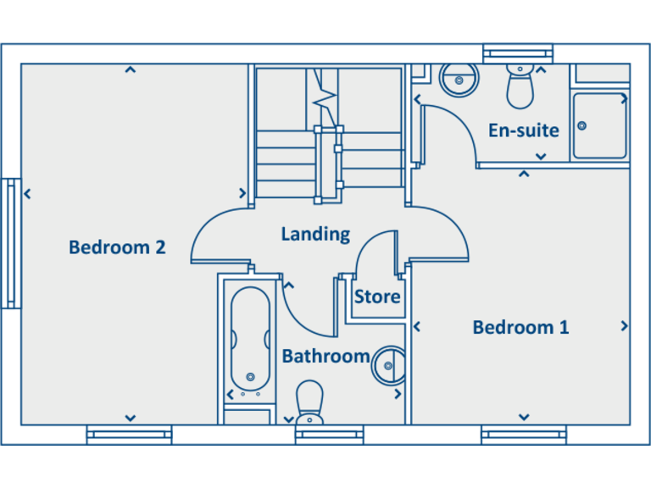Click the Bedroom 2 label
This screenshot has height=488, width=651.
117,247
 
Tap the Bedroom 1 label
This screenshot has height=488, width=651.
520,327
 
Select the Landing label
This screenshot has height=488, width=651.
315,234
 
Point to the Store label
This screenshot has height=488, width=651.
377,297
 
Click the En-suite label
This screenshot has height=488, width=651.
524,130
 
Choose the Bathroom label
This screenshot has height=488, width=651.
325,356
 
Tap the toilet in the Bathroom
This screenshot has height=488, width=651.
310,402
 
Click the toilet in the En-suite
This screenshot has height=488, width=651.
519,87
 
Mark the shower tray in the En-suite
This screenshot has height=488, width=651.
599,125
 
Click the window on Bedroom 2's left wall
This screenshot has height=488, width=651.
11,243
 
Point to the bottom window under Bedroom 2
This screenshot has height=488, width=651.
129,435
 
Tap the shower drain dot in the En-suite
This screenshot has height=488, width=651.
582,125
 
